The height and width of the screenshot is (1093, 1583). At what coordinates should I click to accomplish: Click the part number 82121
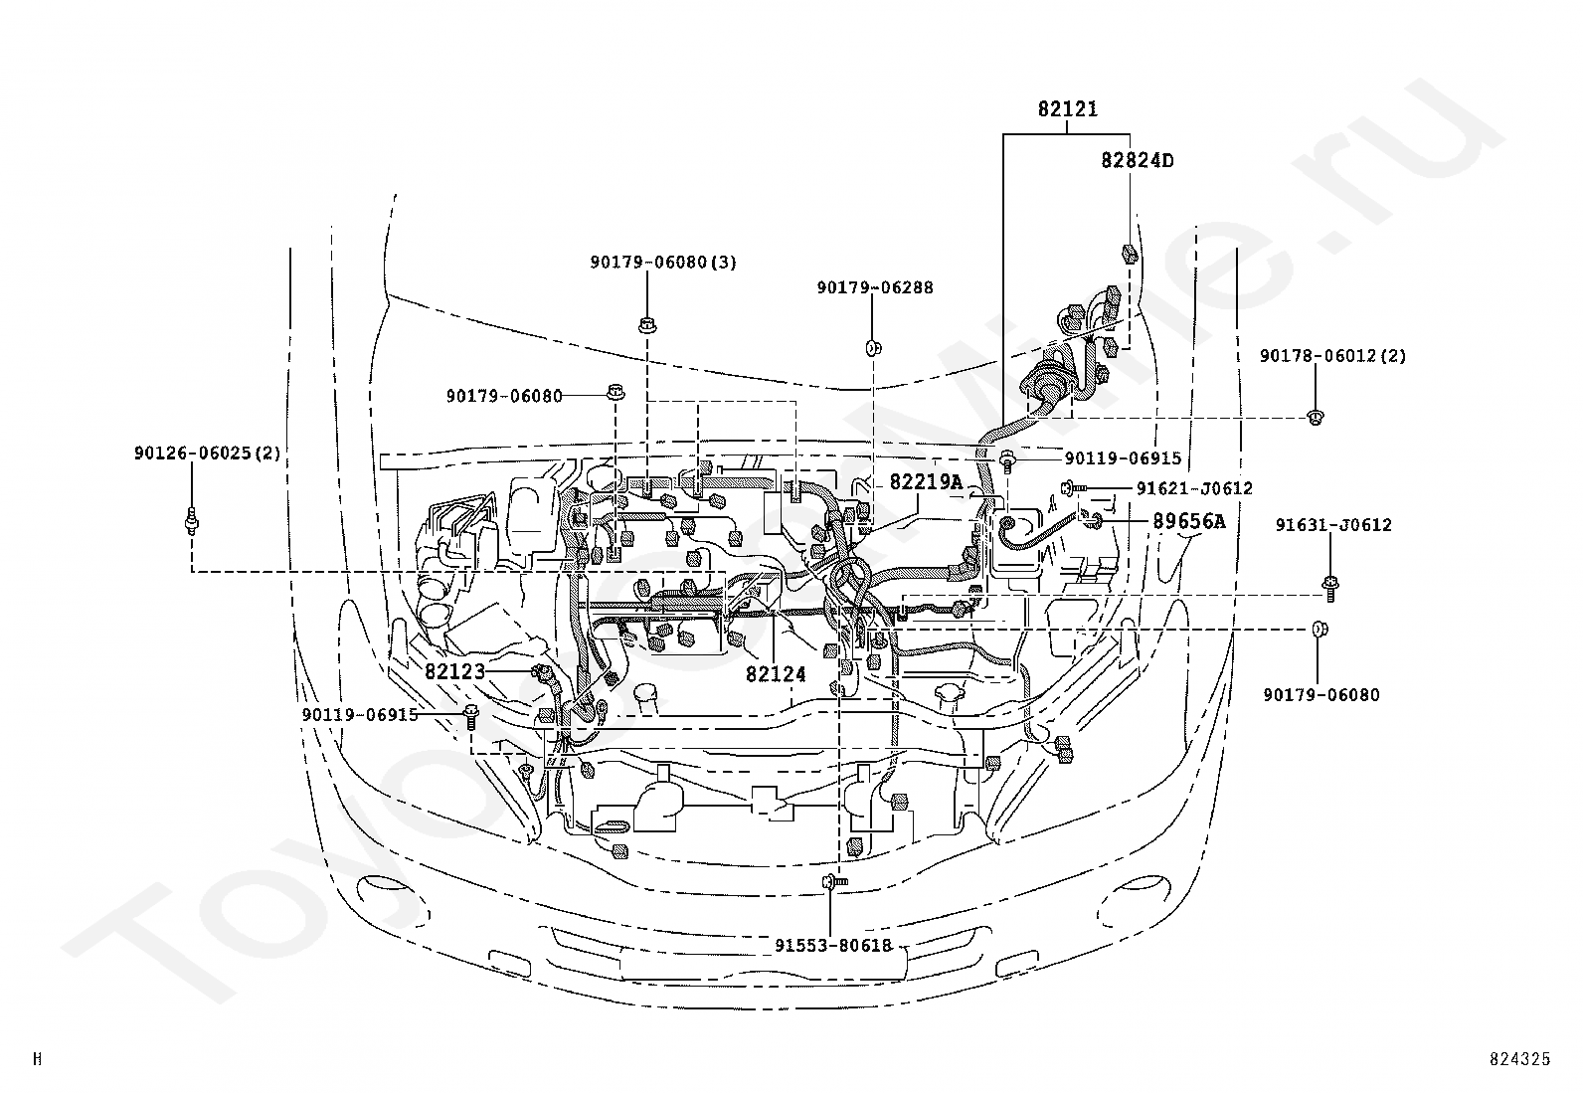tap(1067, 108)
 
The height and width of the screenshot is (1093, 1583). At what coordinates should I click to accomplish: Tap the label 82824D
tap(1137, 160)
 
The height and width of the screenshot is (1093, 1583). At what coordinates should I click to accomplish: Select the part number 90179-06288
tap(875, 287)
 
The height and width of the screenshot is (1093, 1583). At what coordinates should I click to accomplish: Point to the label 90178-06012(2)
tap(1332, 356)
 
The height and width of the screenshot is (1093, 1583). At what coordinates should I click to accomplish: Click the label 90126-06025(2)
tap(207, 453)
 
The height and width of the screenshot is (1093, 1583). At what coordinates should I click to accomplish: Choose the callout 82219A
tap(926, 482)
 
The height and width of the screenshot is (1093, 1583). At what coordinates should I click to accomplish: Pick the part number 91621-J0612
tap(1194, 488)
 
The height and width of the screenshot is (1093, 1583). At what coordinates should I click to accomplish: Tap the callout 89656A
tap(1189, 522)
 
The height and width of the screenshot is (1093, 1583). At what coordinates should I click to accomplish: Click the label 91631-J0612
tap(1333, 524)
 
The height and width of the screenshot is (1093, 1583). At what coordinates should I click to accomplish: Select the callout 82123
tap(455, 671)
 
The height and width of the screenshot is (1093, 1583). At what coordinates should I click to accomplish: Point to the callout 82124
tap(776, 674)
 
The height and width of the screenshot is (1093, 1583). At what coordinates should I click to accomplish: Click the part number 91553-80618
tap(833, 945)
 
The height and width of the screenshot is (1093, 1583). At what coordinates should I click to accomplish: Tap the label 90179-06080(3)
tap(663, 263)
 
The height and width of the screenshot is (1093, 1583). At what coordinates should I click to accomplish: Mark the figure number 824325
tap(1520, 1058)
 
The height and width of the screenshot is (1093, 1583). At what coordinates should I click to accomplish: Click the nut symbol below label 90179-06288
tap(873, 347)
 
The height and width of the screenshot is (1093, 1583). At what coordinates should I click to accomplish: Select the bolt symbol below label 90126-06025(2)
tap(192, 519)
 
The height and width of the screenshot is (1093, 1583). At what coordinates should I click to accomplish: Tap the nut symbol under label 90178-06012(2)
tap(1315, 417)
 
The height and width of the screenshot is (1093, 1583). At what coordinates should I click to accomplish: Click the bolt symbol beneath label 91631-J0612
tap(1330, 589)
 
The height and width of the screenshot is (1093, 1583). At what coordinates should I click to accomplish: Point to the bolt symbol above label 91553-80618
tap(834, 881)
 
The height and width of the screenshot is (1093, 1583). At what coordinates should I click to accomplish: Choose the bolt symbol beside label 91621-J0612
tap(1072, 487)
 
